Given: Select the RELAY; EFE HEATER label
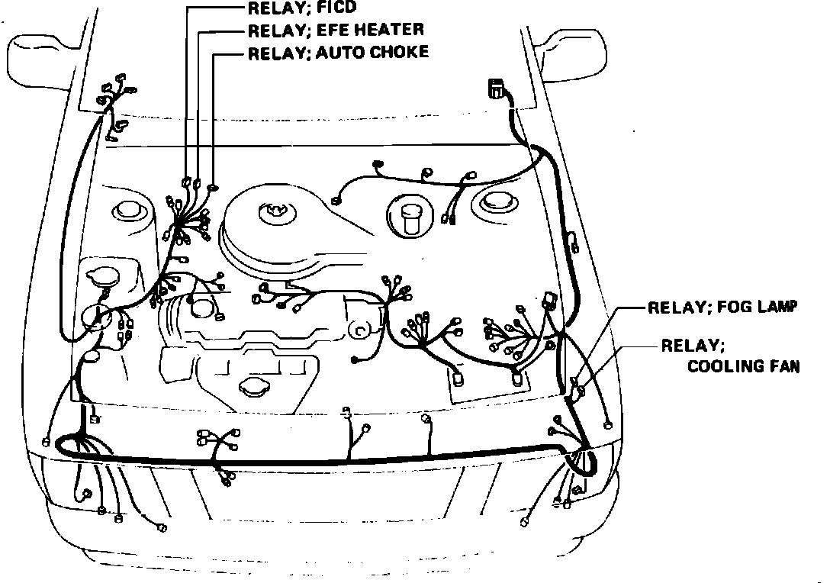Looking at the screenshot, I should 336,31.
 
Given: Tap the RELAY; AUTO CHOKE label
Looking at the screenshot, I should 339,53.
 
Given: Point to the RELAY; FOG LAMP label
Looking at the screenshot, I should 722,308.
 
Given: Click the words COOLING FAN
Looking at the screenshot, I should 744,366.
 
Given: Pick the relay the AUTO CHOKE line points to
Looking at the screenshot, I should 213,186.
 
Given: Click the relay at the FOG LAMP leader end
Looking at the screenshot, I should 577,382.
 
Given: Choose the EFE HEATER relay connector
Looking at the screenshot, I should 197,184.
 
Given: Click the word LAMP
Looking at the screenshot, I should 775,308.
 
